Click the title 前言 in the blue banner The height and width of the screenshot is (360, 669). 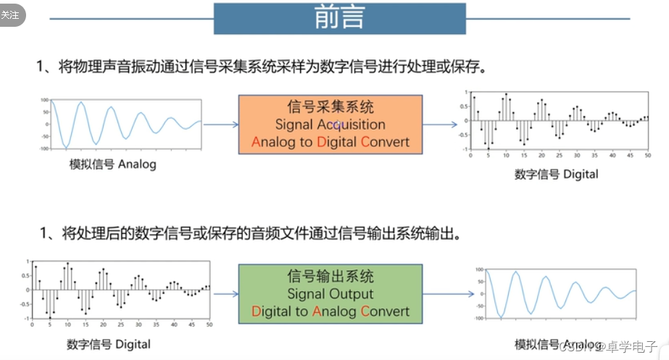(339, 18)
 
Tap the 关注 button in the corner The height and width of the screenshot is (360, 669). (11, 15)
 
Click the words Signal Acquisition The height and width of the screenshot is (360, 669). (331, 125)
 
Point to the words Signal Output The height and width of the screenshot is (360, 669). (331, 294)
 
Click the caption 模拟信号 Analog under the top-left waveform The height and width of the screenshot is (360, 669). (112, 164)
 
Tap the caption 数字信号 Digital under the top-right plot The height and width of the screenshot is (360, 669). (557, 174)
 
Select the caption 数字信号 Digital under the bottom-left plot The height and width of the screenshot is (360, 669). (109, 343)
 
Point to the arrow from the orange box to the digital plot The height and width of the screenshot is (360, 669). (439, 124)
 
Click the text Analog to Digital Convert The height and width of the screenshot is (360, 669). (331, 142)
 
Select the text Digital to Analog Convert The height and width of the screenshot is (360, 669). (331, 311)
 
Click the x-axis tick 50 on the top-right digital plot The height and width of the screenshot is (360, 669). (647, 156)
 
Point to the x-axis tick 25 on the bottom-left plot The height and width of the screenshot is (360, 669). (120, 325)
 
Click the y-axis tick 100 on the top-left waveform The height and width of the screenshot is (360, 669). (44, 100)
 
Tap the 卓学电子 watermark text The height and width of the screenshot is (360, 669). (631, 346)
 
